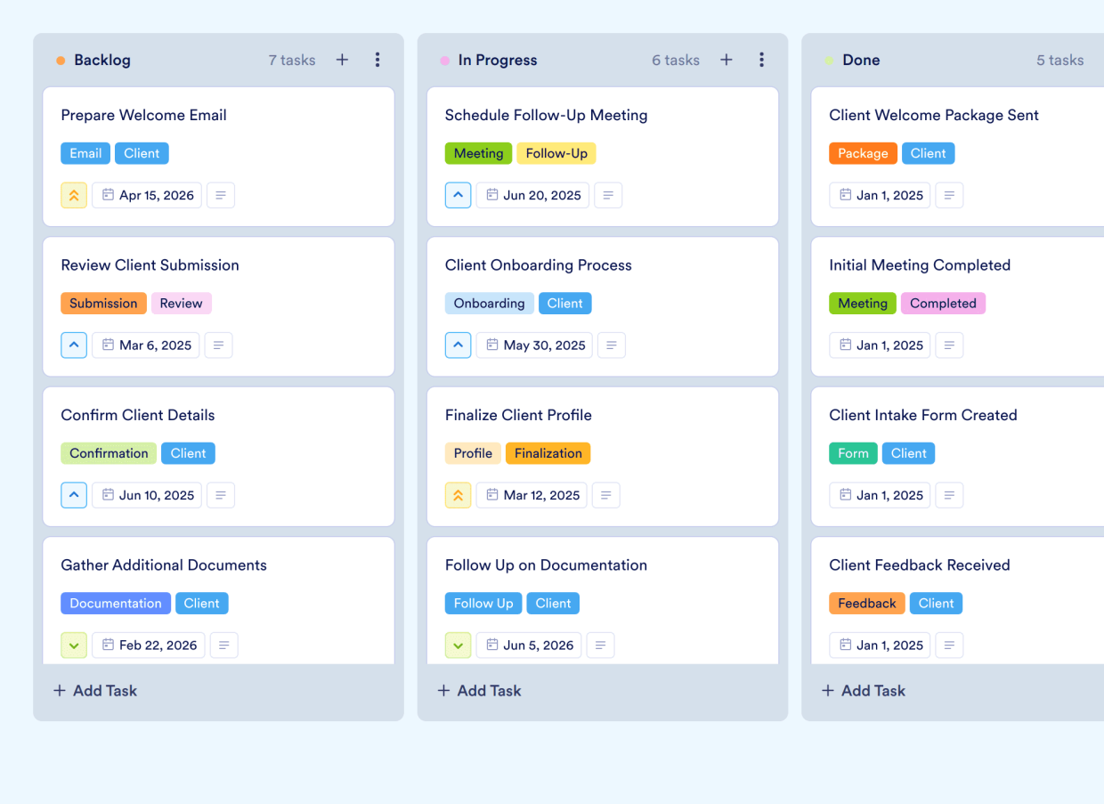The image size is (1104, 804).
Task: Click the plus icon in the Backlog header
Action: coord(342,60)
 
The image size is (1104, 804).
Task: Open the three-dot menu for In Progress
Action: coord(761,60)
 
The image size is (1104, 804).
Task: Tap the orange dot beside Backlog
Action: coord(61,61)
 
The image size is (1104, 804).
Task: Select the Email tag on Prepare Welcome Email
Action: coord(85,153)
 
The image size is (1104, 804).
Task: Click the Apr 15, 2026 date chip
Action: coord(147,195)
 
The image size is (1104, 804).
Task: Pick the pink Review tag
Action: coord(181,303)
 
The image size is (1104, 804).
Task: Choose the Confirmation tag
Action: coord(109,453)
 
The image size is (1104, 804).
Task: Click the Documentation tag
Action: coord(116,603)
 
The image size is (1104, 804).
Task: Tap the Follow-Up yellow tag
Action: coord(556,153)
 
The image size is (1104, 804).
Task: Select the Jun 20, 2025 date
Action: coord(532,195)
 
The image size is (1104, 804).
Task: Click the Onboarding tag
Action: coord(489,303)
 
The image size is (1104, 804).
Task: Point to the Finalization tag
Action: coord(548,453)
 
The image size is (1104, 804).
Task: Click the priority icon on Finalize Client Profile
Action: coord(458,495)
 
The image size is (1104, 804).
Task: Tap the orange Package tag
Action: coord(863,153)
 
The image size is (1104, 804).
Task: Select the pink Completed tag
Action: coord(943,303)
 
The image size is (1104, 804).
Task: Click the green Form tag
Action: coord(853,453)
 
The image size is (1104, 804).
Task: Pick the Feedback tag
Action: coord(866,603)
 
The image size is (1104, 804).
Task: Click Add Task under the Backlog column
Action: coord(95,690)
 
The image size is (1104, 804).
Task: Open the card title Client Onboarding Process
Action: coord(538,264)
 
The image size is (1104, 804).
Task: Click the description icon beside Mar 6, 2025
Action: coord(219,345)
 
